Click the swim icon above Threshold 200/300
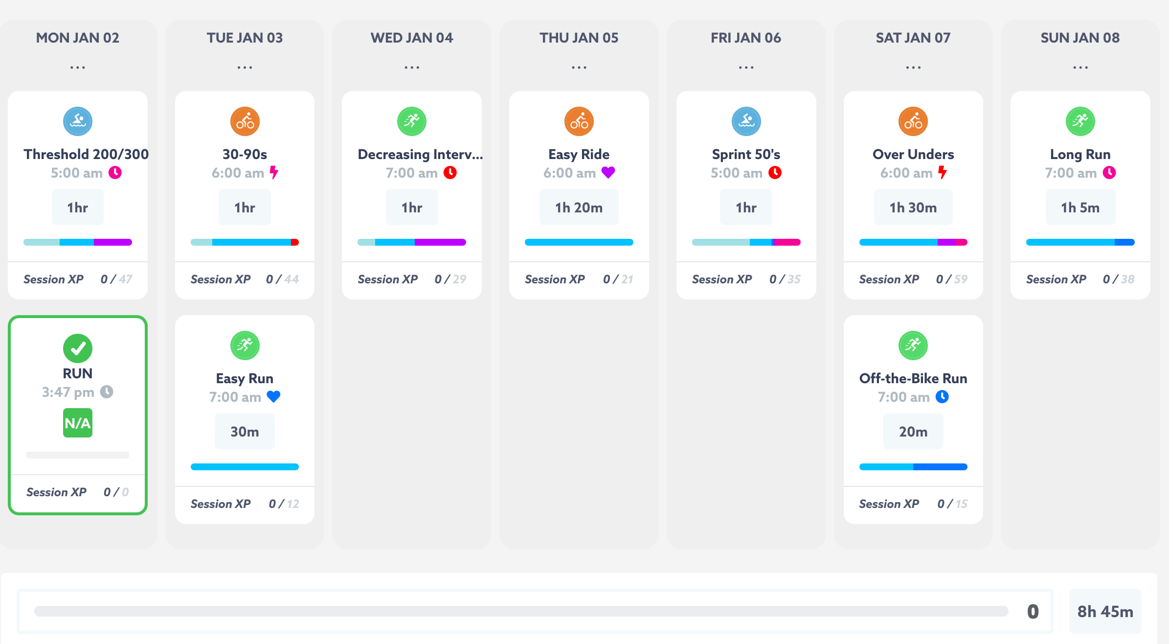[x=78, y=121]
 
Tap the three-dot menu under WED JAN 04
[x=412, y=68]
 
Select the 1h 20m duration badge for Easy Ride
[x=579, y=207]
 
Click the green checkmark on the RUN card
[x=78, y=348]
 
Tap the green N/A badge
[x=78, y=423]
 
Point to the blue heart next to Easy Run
[x=273, y=396]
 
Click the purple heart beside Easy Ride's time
[x=608, y=172]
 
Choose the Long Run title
[x=1080, y=154]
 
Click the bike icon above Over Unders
[x=913, y=121]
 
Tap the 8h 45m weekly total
[x=1105, y=611]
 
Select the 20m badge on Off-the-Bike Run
[x=913, y=432]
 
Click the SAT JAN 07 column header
[x=913, y=38]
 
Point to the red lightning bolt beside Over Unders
[x=942, y=172]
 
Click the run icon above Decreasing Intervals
[x=412, y=121]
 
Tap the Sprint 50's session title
[x=746, y=154]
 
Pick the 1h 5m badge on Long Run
[x=1080, y=207]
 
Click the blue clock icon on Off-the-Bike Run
[x=942, y=396]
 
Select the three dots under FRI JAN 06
[x=746, y=68]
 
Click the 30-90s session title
[x=245, y=154]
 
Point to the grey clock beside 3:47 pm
[x=107, y=391]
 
